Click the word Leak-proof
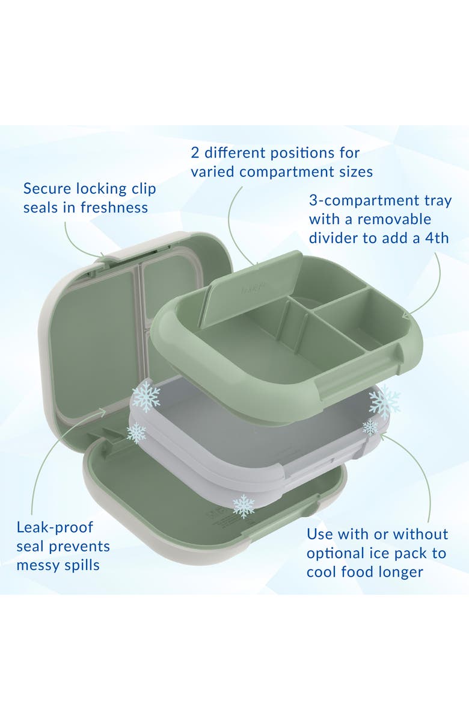tap(55, 527)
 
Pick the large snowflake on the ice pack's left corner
tap(146, 396)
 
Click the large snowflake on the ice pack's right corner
tap(384, 402)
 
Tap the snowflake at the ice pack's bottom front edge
tap(244, 506)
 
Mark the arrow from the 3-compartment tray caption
tap(430, 289)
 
